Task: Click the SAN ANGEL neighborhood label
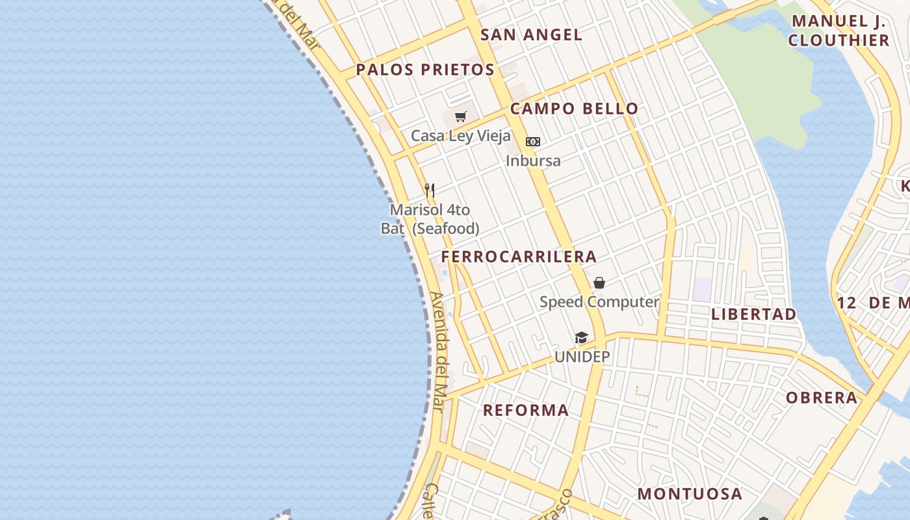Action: coord(531,35)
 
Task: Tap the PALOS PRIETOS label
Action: coord(425,70)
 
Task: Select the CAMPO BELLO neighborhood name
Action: coord(574,109)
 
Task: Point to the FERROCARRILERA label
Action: coord(519,257)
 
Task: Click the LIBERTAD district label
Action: coord(753,315)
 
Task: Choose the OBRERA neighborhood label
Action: coord(822,398)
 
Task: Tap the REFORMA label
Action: coord(526,410)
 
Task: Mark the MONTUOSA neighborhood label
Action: coord(689,494)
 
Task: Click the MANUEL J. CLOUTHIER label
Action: coord(838,31)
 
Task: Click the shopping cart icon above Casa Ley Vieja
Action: coord(461,117)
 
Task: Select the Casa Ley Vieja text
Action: coord(460,136)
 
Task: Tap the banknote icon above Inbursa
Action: coord(533,142)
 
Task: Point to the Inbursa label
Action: coord(533,161)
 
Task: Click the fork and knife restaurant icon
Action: coord(429,190)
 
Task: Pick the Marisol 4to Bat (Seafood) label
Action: coord(430,219)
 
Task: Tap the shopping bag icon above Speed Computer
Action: coord(599,283)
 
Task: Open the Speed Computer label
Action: coord(599,302)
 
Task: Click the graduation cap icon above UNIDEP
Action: coord(581,338)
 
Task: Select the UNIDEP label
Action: coord(582,357)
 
